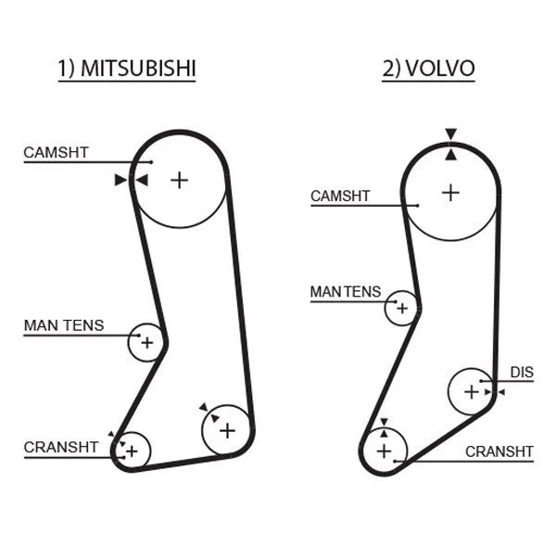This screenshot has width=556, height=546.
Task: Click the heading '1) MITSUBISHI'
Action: (127, 68)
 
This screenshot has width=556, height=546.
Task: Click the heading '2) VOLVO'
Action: (428, 68)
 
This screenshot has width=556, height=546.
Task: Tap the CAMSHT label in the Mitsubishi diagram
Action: (56, 153)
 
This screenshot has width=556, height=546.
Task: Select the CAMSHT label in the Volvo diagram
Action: (340, 196)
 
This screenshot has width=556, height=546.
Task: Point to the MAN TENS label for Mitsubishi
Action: (64, 325)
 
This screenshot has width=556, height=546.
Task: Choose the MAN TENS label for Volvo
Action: (346, 292)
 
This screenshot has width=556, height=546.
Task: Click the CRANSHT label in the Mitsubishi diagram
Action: (61, 448)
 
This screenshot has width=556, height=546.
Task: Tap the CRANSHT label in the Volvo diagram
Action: (499, 451)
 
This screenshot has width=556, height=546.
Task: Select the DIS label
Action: (522, 372)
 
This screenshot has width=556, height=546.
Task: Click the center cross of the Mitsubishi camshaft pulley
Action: (180, 180)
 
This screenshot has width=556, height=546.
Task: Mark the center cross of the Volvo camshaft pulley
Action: (450, 194)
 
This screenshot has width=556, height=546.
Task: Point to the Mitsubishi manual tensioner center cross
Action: (146, 343)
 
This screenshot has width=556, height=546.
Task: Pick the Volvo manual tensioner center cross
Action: (402, 309)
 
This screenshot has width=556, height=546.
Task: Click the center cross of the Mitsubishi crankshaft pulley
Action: (132, 451)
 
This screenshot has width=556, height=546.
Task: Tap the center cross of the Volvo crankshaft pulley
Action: (384, 451)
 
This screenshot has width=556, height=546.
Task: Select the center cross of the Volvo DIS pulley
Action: (472, 392)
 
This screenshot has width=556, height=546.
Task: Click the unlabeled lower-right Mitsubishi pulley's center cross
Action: (227, 431)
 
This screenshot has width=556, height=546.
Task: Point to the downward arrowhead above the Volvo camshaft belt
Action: (450, 134)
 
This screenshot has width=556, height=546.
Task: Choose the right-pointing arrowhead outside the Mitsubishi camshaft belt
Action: (120, 180)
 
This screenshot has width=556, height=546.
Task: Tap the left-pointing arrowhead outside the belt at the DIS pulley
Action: (501, 392)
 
